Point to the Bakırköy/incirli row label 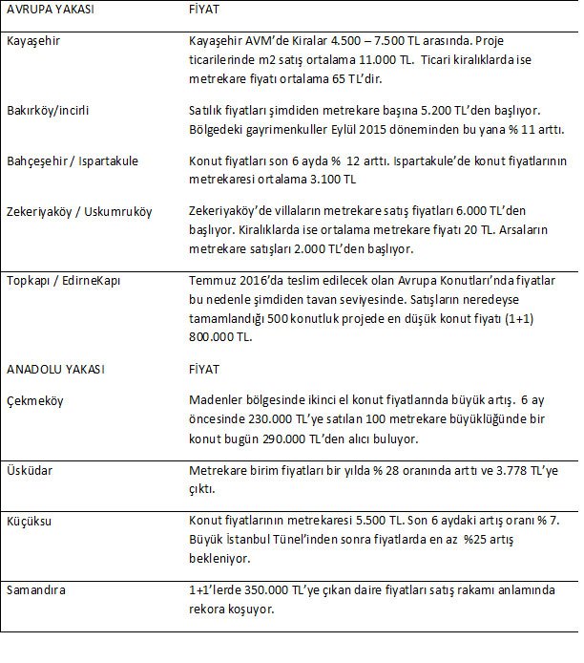(x=49, y=110)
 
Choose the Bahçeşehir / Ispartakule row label (x=73, y=160)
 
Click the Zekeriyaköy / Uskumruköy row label (x=78, y=211)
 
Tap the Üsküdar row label (x=32, y=472)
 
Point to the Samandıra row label (x=37, y=589)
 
